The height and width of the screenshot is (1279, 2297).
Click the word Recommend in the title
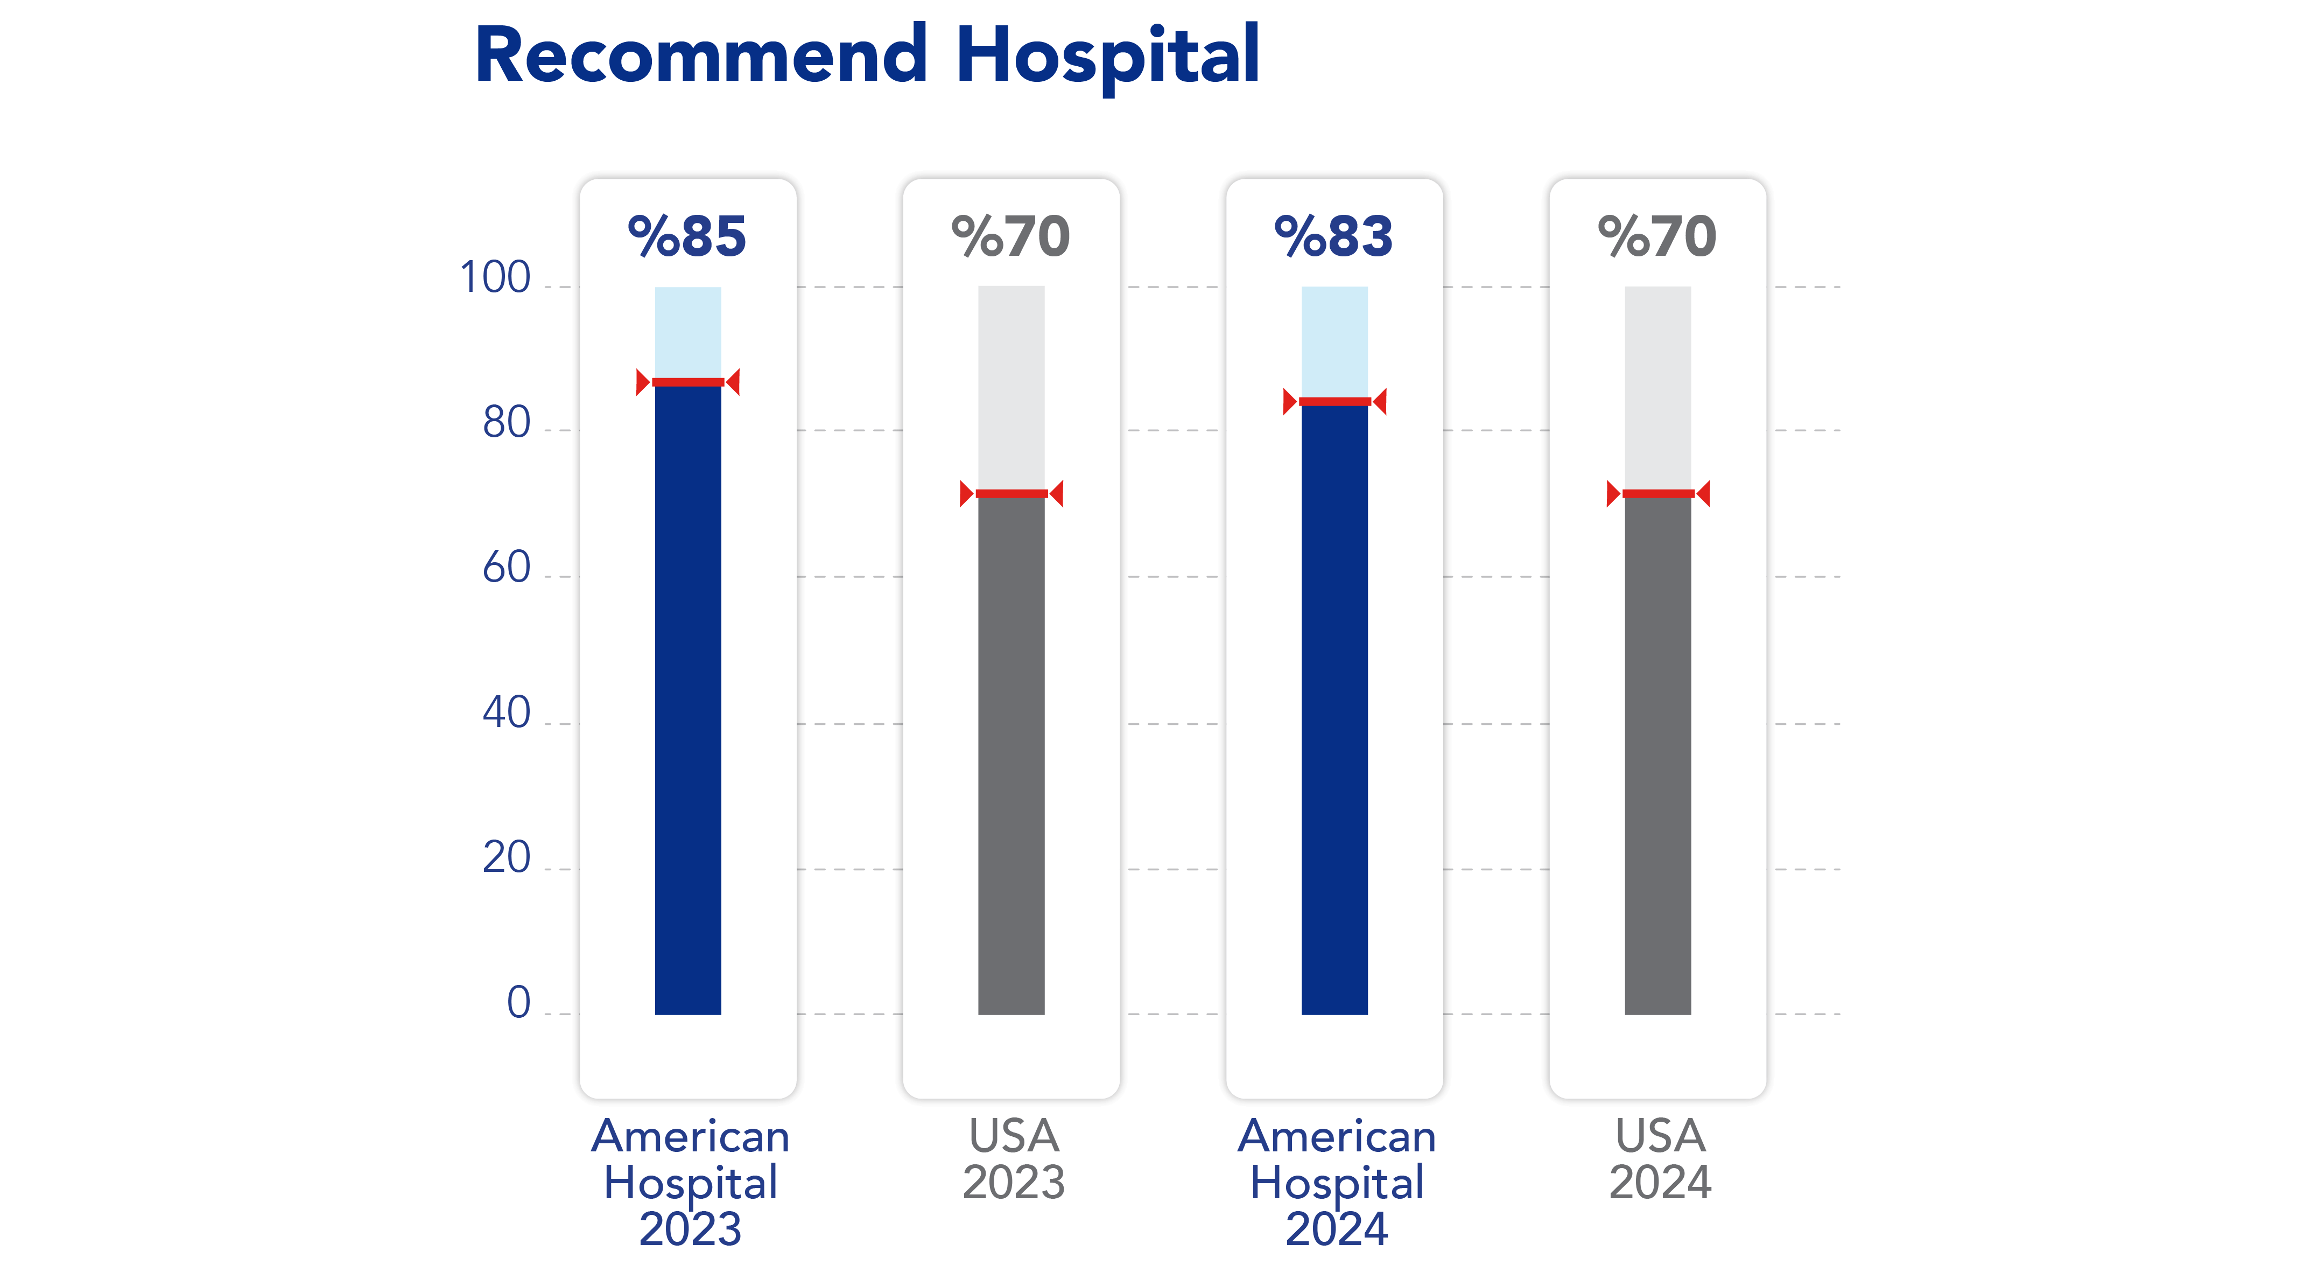click(x=701, y=55)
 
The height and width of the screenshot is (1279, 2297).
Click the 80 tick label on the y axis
click(x=507, y=423)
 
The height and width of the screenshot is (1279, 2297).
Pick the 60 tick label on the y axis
click(x=507, y=568)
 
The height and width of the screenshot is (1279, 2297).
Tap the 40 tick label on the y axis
click(x=507, y=714)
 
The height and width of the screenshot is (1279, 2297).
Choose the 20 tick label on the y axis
click(x=507, y=858)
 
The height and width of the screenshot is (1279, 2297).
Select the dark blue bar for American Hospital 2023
click(x=687, y=700)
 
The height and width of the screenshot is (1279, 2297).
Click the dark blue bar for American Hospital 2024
click(x=1334, y=709)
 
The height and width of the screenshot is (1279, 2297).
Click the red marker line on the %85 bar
click(x=687, y=383)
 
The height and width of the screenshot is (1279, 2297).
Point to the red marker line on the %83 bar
click(x=1334, y=401)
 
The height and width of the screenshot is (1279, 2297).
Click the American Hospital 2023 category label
click(x=690, y=1183)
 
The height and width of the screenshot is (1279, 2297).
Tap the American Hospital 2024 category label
click(x=1337, y=1183)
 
